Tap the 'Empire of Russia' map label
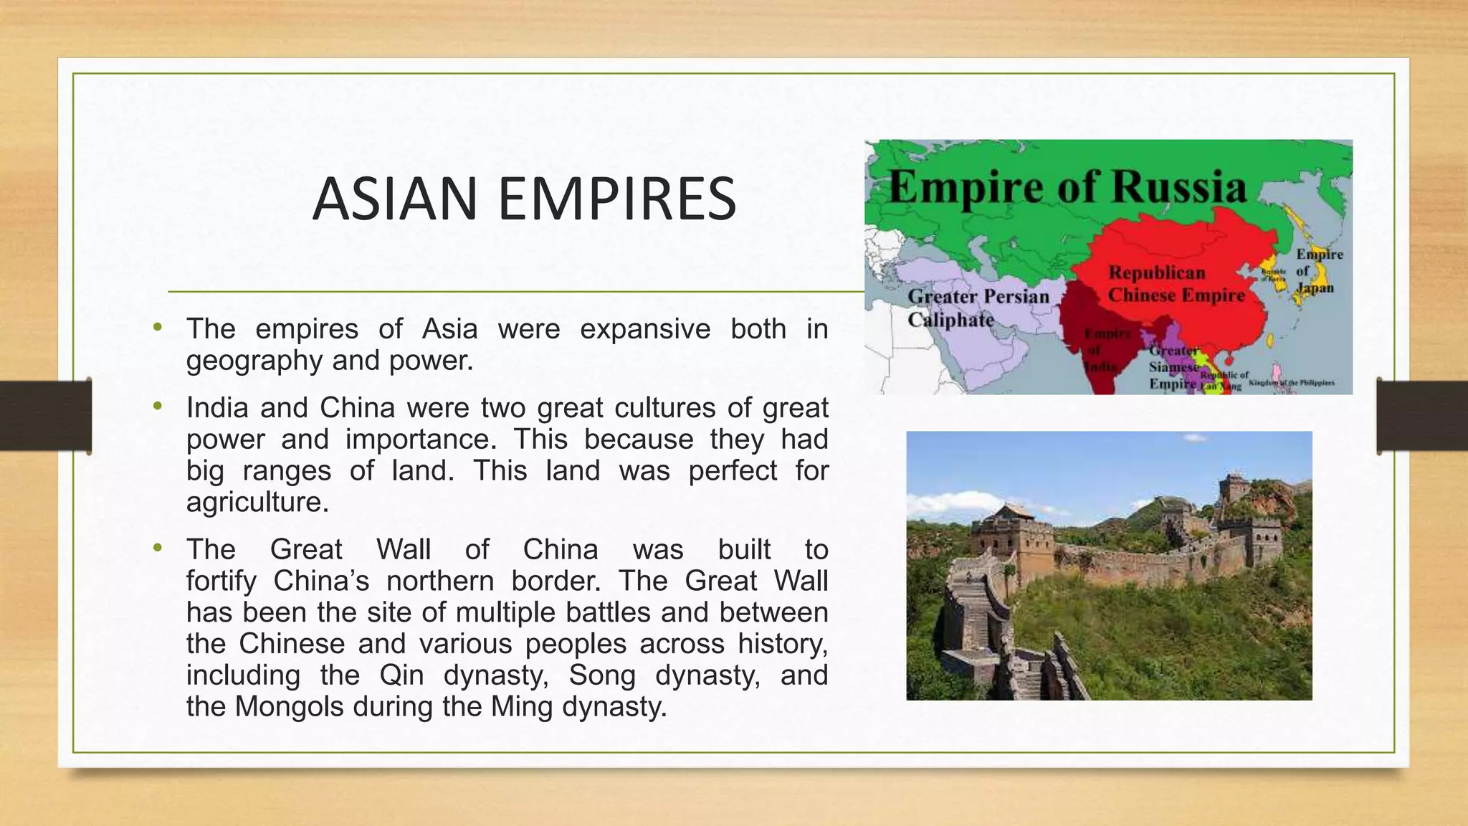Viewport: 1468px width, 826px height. [1067, 187]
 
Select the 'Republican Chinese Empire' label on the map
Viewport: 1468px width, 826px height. [1176, 284]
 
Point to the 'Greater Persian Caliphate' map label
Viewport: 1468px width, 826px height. [978, 308]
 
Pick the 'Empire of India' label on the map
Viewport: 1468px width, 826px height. [1105, 350]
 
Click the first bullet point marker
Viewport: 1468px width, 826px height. [158, 328]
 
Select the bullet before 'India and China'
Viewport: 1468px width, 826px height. [158, 407]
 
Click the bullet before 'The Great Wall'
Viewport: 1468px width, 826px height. [158, 549]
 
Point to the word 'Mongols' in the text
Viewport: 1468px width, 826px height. [290, 707]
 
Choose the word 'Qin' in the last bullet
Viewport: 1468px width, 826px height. [401, 675]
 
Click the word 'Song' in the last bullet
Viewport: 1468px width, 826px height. [602, 675]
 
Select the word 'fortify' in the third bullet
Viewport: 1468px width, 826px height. [221, 581]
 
